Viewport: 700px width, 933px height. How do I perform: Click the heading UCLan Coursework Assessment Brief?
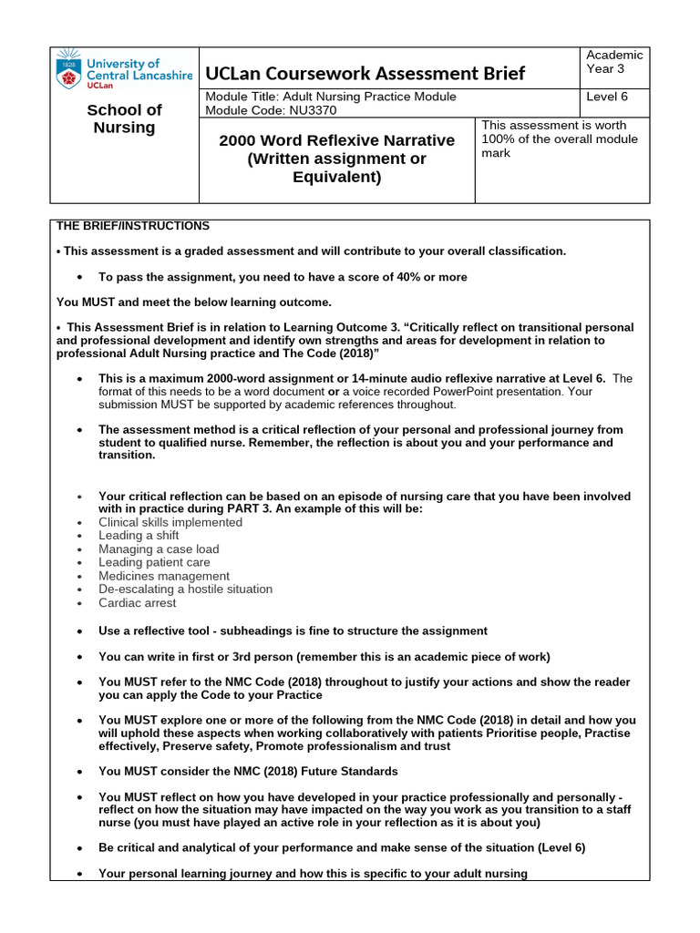365,73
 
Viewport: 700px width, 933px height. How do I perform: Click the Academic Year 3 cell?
615,62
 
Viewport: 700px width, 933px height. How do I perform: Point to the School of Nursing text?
124,118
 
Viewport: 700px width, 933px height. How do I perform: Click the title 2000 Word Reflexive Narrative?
335,140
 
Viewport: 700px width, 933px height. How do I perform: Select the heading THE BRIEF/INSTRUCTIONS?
133,226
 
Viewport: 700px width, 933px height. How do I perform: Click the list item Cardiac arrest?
138,602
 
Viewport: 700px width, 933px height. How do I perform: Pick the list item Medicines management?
164,576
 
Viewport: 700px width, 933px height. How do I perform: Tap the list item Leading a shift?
139,536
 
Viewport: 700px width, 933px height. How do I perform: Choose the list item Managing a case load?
159,549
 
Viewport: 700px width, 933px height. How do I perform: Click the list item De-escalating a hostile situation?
187,590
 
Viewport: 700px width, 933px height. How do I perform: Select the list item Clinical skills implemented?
170,522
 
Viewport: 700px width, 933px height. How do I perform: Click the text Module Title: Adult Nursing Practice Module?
331,97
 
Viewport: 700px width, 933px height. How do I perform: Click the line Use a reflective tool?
293,631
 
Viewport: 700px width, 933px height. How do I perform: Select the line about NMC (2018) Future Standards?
248,772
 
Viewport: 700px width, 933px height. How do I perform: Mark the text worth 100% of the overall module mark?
560,138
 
